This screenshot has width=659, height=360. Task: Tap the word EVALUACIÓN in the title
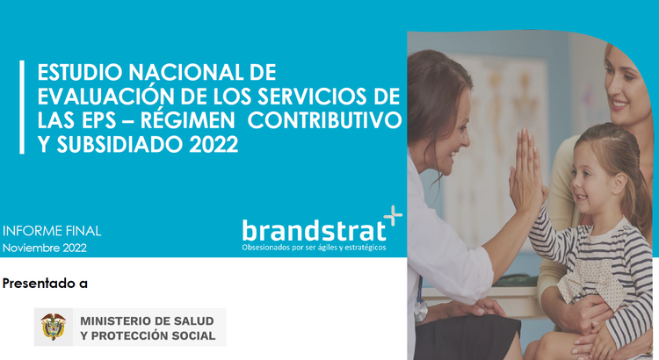click(96, 95)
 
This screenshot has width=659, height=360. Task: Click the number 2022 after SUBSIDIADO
click(213, 143)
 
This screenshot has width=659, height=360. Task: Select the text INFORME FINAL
click(52, 231)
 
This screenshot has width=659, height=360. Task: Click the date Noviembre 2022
click(45, 248)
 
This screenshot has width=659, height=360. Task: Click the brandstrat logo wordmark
click(314, 230)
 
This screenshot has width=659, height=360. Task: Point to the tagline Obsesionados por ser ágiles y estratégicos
click(314, 248)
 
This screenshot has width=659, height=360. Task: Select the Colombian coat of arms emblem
click(54, 327)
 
